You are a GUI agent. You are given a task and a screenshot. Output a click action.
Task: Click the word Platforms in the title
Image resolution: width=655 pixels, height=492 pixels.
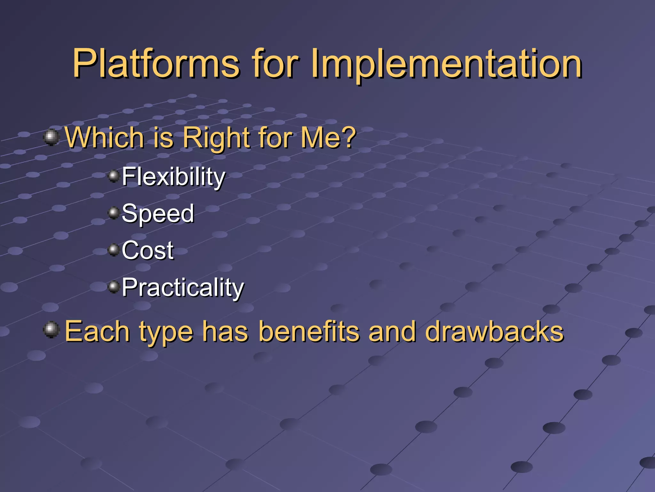[x=156, y=63]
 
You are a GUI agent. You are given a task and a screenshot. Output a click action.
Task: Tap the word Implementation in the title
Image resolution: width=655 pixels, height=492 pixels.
[x=446, y=63]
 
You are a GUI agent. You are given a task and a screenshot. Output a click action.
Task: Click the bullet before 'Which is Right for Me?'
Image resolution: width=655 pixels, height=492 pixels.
[x=51, y=137]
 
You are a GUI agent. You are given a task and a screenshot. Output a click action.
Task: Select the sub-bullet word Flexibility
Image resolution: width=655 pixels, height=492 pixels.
[x=173, y=177]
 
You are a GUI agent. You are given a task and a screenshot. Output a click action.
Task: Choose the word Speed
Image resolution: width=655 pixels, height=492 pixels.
[x=158, y=214]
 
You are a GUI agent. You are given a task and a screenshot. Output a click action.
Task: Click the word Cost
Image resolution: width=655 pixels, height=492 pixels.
[x=147, y=250]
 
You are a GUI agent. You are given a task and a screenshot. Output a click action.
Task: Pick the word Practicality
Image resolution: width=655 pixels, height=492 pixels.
[x=183, y=288]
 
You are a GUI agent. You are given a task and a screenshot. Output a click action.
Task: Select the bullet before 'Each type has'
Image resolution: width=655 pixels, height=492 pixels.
[x=51, y=330]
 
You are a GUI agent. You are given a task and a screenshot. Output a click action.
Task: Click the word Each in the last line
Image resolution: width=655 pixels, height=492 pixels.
[x=97, y=332]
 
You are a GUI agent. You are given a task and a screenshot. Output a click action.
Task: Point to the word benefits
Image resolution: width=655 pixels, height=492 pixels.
[x=309, y=332]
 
